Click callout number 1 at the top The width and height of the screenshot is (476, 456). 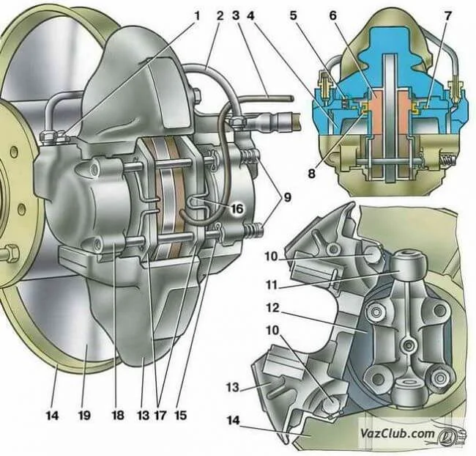pyautogui.click(x=197, y=14)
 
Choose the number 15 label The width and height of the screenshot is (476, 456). pyautogui.click(x=180, y=415)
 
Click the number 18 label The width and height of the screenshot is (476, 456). pyautogui.click(x=116, y=415)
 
